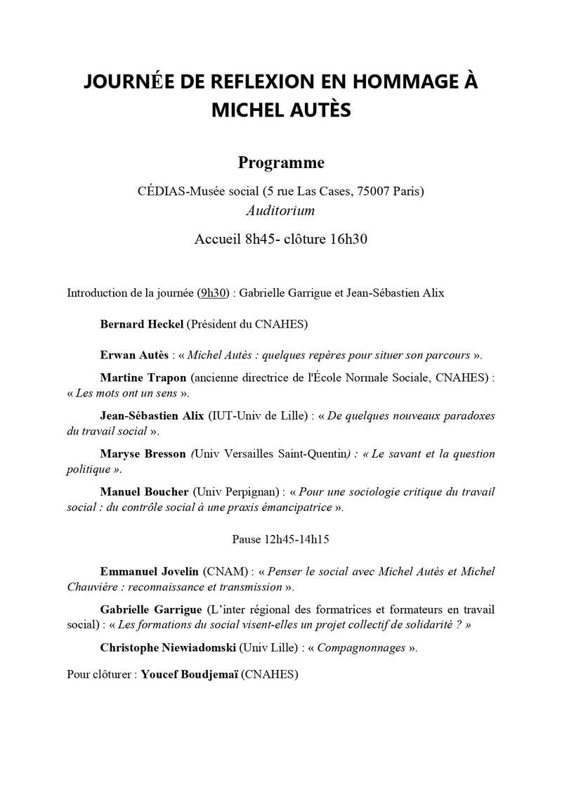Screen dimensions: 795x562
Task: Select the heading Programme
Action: (281, 162)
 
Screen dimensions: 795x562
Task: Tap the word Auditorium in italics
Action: (280, 209)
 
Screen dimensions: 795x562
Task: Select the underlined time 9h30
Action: (214, 292)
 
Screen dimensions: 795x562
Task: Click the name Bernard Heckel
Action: (140, 324)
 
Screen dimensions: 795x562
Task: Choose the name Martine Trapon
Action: (143, 377)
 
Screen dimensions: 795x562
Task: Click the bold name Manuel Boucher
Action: (145, 491)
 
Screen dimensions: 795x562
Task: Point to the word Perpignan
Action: (246, 491)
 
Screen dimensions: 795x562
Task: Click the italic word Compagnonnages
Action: (361, 647)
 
